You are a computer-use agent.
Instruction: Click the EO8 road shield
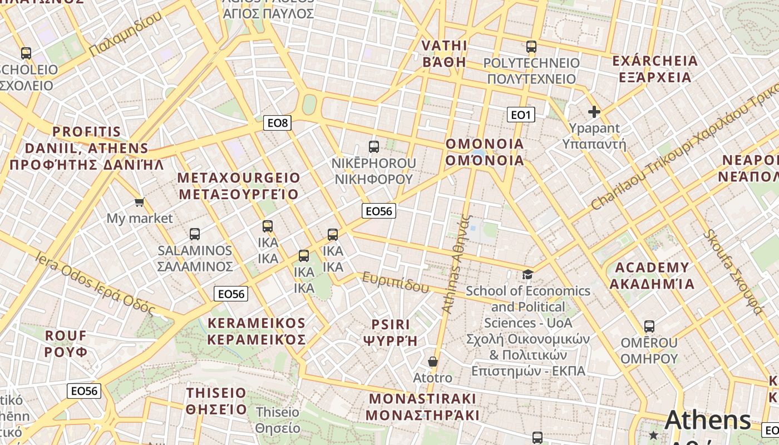click(277, 123)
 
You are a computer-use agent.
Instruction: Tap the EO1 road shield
click(521, 115)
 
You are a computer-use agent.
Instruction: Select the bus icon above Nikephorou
click(374, 147)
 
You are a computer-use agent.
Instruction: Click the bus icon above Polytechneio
click(531, 47)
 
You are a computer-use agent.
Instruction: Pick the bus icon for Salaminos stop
click(195, 234)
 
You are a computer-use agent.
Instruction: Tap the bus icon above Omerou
click(649, 327)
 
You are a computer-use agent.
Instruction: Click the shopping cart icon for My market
click(139, 202)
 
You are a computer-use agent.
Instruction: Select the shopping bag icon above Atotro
click(432, 362)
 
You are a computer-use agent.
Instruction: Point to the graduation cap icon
click(527, 274)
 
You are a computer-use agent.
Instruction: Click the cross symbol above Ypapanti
click(594, 112)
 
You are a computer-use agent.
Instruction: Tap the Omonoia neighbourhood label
click(485, 152)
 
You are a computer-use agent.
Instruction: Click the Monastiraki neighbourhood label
click(423, 407)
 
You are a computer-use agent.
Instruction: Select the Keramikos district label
click(257, 332)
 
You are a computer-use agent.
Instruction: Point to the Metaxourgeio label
click(239, 186)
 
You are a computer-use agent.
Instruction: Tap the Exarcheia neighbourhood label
click(655, 69)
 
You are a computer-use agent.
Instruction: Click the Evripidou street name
click(396, 282)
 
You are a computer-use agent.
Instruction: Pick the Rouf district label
click(66, 344)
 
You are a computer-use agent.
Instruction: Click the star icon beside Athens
click(653, 434)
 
